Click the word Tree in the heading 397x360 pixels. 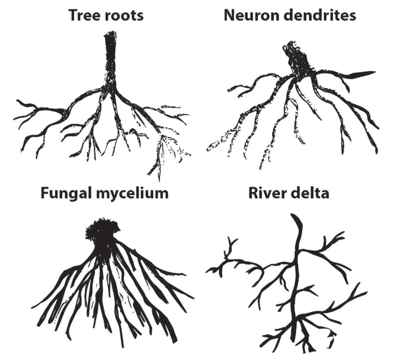(84, 15)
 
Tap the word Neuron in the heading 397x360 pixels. (250, 15)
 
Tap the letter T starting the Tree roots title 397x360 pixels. (73, 15)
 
